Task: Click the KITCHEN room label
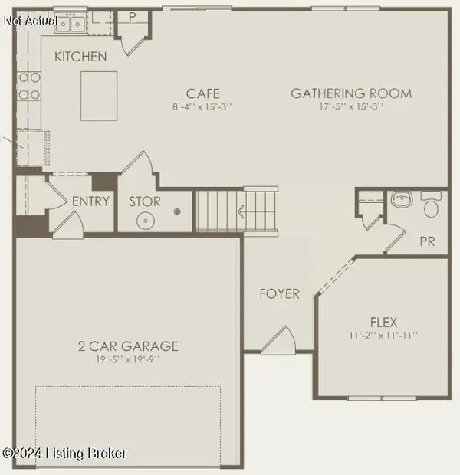pos(80,57)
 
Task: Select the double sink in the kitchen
pos(69,25)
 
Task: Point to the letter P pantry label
pos(131,16)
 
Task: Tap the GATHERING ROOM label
pos(351,93)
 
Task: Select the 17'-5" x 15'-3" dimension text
pos(351,106)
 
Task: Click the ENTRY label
pos(90,201)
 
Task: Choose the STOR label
pos(144,201)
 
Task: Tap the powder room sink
pos(402,201)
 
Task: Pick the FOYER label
pos(279,293)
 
